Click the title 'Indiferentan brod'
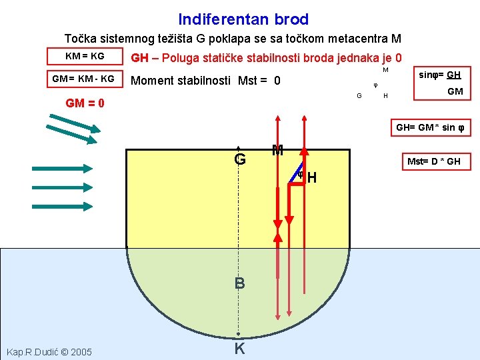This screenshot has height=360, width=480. (243, 20)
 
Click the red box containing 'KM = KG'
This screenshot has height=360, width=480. (85, 56)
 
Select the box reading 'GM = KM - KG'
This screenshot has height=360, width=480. (84, 79)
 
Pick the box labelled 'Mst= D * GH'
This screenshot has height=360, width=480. (433, 161)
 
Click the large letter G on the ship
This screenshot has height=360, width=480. (239, 160)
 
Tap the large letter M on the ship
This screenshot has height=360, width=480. (277, 151)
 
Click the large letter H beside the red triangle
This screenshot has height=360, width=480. (311, 179)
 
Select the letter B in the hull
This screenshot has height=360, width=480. (239, 283)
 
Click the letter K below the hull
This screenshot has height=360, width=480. (239, 348)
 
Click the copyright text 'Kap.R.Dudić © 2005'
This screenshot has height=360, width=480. (49, 351)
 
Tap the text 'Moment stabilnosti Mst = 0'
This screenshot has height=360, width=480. (206, 81)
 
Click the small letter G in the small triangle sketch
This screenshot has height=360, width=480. (359, 96)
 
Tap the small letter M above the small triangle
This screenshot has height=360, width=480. (385, 69)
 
